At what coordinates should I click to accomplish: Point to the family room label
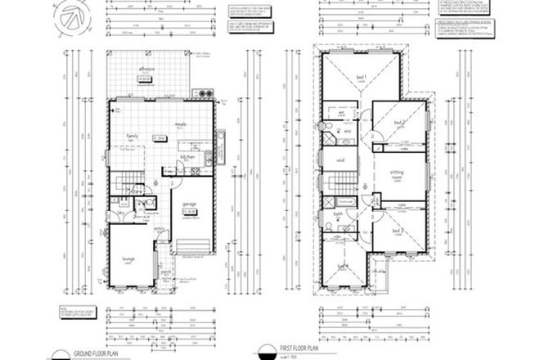point(129,136)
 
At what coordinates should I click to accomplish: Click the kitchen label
point(187,155)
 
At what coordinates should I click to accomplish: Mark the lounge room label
point(129,258)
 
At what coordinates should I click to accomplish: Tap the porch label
point(165,273)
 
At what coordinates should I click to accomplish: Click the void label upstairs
point(339,161)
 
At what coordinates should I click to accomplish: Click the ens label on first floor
point(346,129)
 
